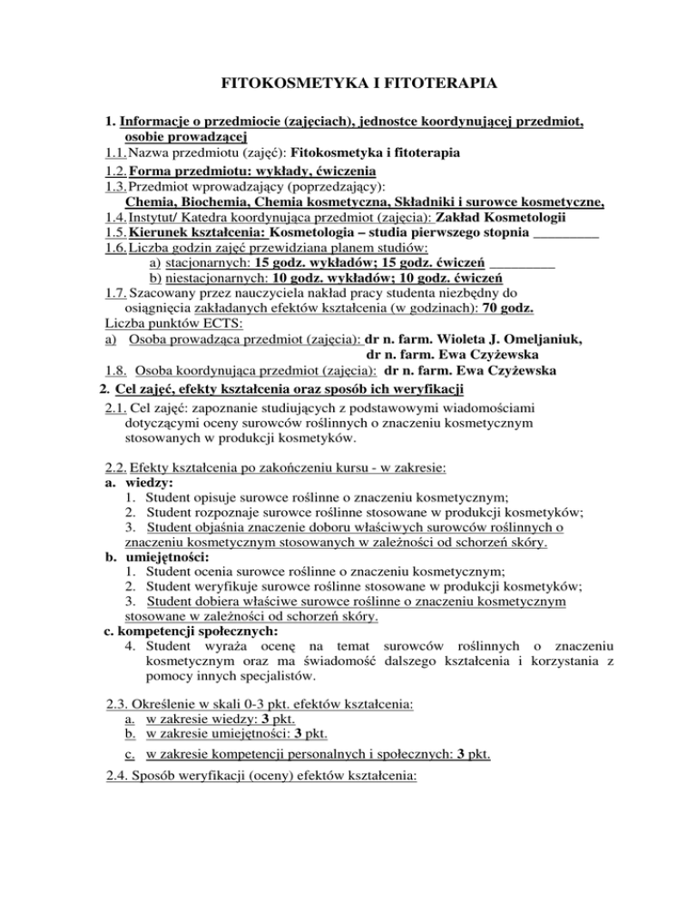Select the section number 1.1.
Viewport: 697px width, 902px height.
pos(117,151)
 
